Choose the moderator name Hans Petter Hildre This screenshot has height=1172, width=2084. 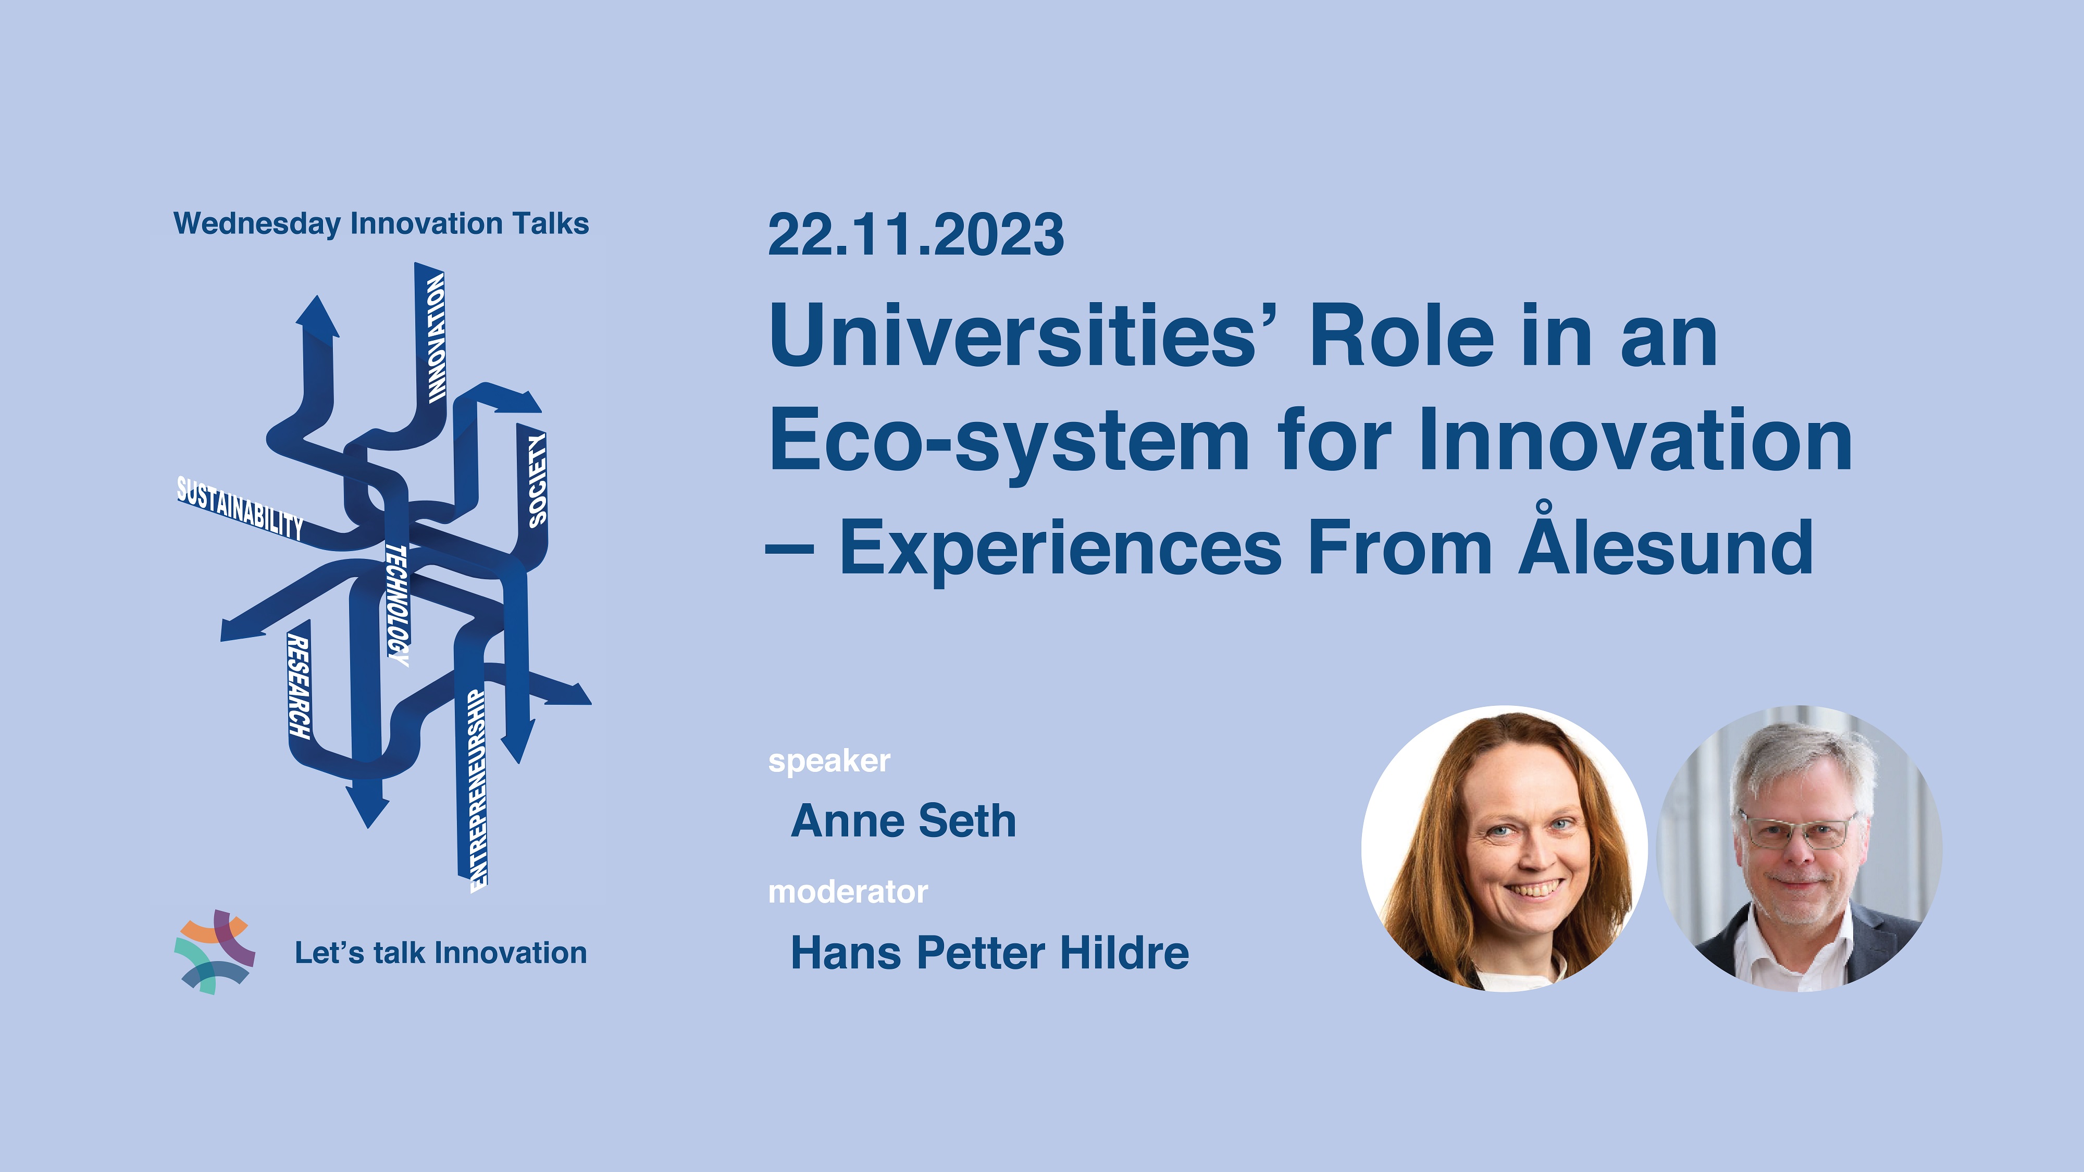click(989, 952)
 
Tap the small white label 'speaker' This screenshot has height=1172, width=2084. click(829, 761)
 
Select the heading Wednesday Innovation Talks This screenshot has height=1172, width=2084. click(381, 224)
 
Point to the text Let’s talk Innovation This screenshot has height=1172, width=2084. click(441, 953)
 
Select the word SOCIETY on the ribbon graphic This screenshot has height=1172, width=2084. click(537, 480)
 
